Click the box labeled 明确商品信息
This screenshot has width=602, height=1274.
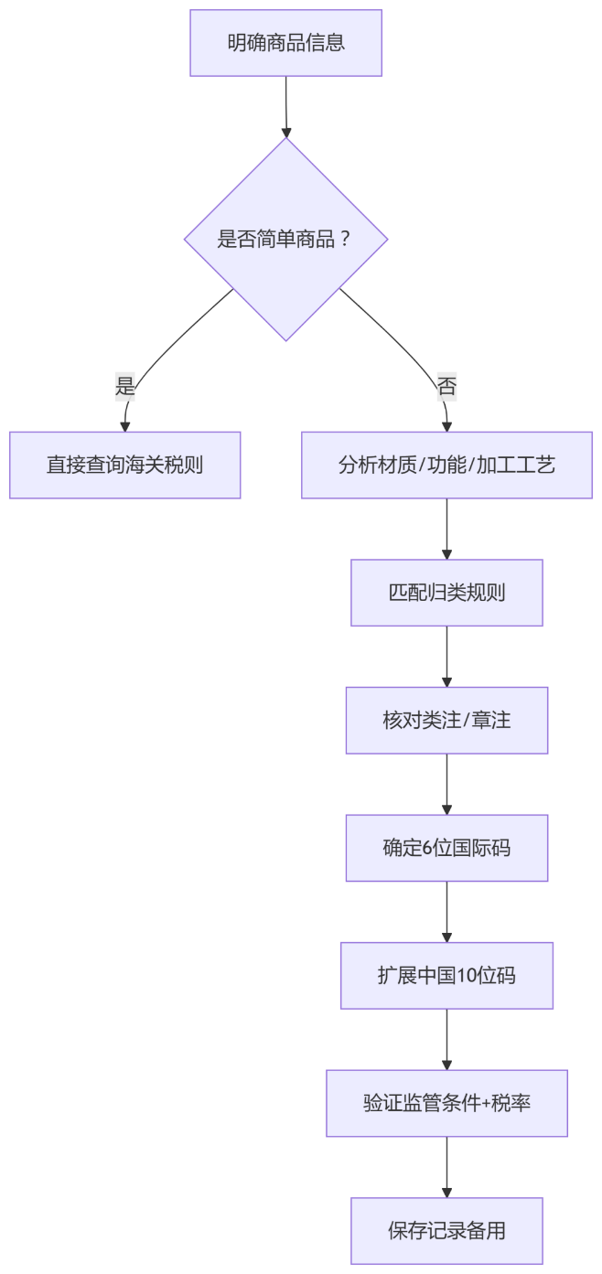[285, 43]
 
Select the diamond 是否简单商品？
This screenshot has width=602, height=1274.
[285, 240]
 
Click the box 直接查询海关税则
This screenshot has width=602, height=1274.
[124, 466]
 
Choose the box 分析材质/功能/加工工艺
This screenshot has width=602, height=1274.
[446, 466]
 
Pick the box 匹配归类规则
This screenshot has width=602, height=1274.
[446, 593]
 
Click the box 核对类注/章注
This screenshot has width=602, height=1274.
[446, 721]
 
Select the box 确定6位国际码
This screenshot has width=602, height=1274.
[446, 849]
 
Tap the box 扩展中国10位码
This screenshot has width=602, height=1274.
[446, 976]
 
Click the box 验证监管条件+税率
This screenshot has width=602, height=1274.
[446, 1104]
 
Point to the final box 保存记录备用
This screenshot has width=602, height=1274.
[446, 1231]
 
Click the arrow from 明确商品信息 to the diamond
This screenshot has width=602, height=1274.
[285, 106]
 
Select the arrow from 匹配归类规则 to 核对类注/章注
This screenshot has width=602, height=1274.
[446, 657]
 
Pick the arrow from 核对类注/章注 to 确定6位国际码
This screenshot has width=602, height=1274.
[446, 785]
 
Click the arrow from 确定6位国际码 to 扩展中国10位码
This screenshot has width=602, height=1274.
[446, 912]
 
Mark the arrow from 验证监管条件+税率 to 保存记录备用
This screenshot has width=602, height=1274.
[446, 1167]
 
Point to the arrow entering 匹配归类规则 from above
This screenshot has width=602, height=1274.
[446, 530]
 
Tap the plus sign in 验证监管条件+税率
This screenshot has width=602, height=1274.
[486, 1104]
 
